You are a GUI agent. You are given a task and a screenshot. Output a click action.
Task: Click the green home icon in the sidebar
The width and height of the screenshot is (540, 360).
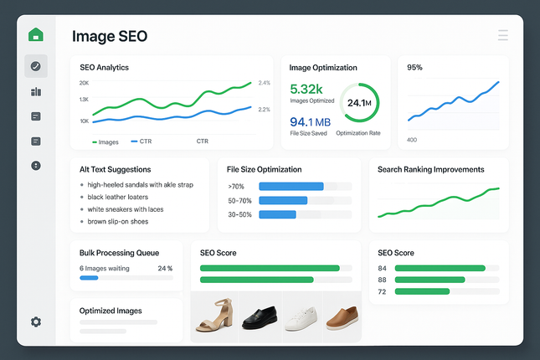(35, 35)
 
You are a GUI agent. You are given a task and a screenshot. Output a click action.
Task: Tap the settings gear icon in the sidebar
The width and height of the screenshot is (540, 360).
(36, 321)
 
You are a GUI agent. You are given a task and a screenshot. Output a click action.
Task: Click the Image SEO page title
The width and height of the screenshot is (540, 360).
(110, 36)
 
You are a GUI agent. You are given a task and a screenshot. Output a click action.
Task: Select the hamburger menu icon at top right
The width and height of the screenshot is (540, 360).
(502, 35)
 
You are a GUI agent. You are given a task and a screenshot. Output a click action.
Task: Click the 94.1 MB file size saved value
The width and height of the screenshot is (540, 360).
(310, 122)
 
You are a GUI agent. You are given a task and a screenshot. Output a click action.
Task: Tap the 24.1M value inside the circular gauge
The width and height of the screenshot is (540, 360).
(359, 103)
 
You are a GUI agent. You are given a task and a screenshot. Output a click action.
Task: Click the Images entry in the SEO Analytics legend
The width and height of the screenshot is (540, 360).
(105, 141)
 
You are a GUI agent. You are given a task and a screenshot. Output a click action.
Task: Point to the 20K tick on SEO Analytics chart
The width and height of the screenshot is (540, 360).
(84, 83)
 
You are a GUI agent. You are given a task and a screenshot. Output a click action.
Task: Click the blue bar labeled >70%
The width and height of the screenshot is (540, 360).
(291, 186)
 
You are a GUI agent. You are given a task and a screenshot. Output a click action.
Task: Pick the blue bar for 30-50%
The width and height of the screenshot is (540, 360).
(277, 214)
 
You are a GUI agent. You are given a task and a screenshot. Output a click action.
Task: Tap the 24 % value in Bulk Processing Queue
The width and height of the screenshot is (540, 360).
(165, 269)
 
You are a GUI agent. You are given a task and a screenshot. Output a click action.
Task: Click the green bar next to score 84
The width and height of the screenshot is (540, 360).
(440, 268)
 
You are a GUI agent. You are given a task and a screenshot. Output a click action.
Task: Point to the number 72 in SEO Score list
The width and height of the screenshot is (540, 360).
(383, 291)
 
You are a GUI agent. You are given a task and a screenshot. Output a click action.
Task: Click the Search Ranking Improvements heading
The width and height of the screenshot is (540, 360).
(430, 169)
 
